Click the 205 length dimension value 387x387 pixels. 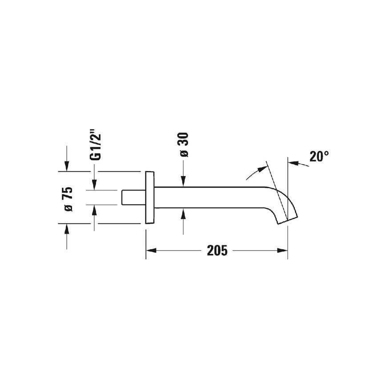pyautogui.click(x=217, y=250)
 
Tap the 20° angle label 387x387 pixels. pyautogui.click(x=319, y=156)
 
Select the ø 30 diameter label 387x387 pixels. pyautogui.click(x=184, y=145)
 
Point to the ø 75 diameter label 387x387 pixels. pyautogui.click(x=67, y=199)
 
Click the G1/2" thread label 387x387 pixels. pyautogui.click(x=96, y=147)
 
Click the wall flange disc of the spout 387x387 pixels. pyautogui.click(x=150, y=198)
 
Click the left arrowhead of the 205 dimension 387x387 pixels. pyautogui.click(x=151, y=250)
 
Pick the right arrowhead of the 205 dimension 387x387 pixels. pyautogui.click(x=282, y=250)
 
